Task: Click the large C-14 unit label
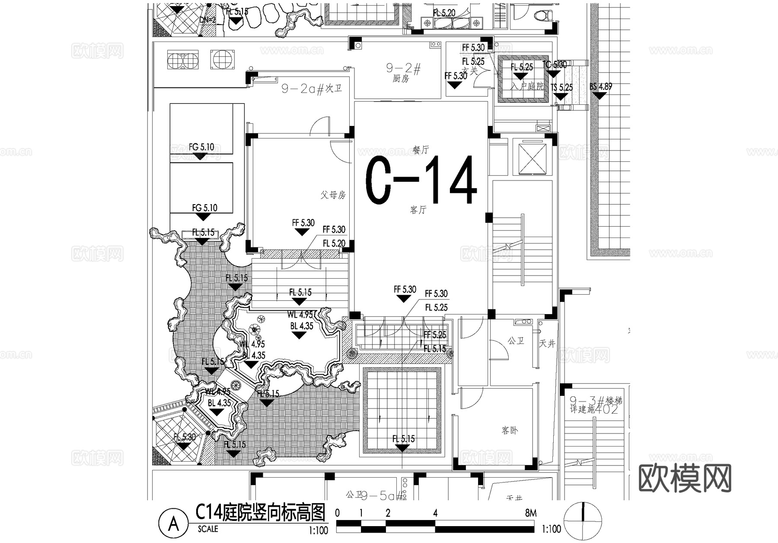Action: pos(421,180)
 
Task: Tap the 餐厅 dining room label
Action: pos(420,150)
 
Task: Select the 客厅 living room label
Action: pos(418,210)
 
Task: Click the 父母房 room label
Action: pos(333,195)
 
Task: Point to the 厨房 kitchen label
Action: pos(401,79)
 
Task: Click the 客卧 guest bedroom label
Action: pos(510,431)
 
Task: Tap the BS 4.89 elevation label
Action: pos(601,87)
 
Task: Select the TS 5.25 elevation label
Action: pos(562,87)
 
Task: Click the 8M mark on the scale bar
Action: pos(531,513)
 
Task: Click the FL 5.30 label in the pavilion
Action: pos(185,437)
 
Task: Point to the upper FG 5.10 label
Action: pos(201,147)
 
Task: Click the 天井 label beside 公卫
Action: pos(547,344)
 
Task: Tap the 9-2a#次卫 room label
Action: pos(312,89)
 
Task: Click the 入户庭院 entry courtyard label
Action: pos(527,86)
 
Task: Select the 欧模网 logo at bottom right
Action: pos(685,478)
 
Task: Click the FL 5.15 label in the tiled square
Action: pos(403,439)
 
